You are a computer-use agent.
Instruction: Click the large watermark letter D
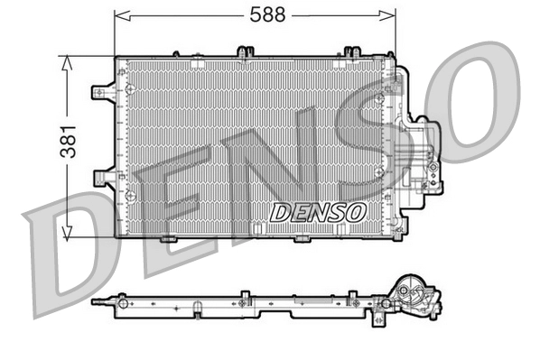coord(63,257)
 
